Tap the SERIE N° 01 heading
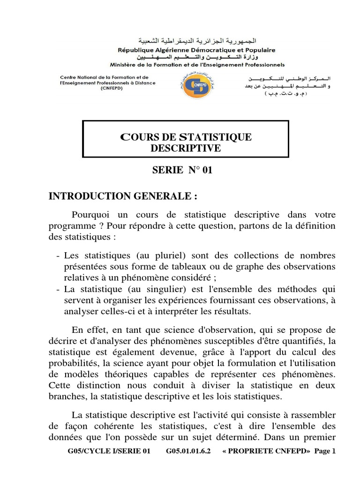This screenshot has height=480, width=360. click(182, 170)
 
